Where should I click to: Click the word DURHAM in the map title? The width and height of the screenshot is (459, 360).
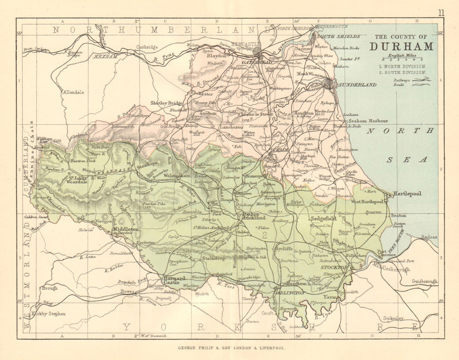(402, 46)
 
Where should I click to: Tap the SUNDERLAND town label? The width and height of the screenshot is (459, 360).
(357, 85)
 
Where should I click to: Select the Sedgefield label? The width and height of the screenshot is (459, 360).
(324, 219)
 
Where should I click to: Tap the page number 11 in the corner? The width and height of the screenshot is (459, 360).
(441, 13)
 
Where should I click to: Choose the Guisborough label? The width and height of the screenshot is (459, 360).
(425, 281)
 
